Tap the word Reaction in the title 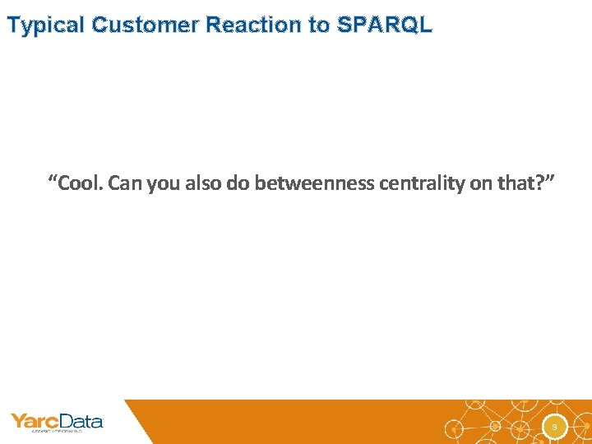click(x=256, y=25)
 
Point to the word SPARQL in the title click(x=383, y=25)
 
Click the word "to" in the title click(x=320, y=25)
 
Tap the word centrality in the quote click(x=422, y=183)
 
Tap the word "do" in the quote click(x=239, y=183)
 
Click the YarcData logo click(x=57, y=423)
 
